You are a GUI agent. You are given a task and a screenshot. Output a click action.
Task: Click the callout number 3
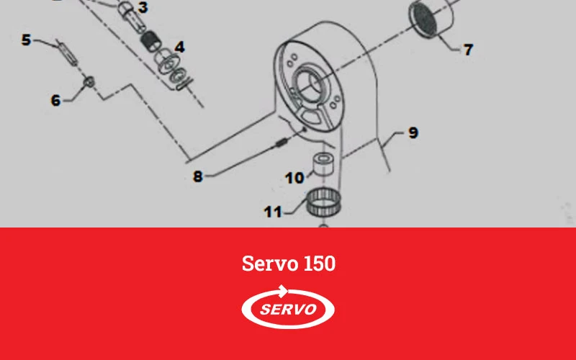(x=143, y=7)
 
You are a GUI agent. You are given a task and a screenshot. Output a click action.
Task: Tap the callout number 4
(x=179, y=47)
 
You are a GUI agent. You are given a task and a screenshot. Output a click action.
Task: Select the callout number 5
(x=26, y=40)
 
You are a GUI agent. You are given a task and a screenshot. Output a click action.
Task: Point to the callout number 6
(x=55, y=100)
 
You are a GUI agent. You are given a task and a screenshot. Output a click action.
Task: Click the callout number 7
(x=468, y=50)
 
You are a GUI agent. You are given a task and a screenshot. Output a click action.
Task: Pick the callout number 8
(x=198, y=176)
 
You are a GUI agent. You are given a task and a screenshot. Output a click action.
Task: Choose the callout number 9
(x=413, y=132)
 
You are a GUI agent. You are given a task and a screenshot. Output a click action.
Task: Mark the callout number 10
(x=294, y=178)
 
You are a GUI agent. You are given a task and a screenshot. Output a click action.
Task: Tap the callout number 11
(x=273, y=212)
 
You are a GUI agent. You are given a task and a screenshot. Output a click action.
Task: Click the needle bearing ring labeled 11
(x=323, y=202)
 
